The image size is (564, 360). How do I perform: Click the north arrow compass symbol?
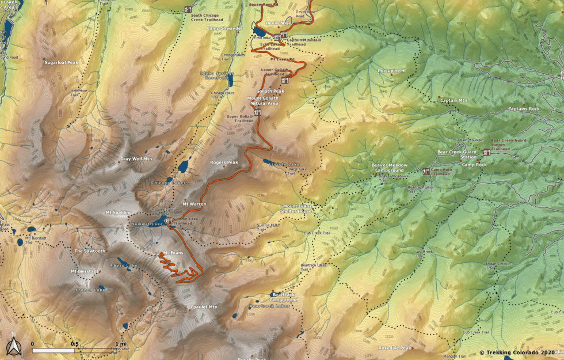[x=13, y=346]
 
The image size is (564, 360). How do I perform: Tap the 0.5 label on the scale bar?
[x=74, y=344]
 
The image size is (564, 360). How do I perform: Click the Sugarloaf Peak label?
[x=61, y=62]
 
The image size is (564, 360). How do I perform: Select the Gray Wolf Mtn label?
[x=136, y=158]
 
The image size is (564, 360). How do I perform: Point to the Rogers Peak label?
[x=224, y=162]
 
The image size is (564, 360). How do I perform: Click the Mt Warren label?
[x=194, y=204]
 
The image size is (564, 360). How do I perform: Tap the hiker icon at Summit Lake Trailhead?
[x=168, y=220]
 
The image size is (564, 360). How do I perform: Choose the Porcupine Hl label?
[x=392, y=70]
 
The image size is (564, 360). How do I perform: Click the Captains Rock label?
[x=524, y=109]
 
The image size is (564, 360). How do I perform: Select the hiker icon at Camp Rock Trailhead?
[x=426, y=171]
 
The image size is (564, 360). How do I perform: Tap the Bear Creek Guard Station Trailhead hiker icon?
[x=487, y=153]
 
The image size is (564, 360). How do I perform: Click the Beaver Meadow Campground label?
[x=389, y=168]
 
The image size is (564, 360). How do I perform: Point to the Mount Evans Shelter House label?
[x=297, y=209]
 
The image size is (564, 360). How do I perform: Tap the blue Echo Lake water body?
[x=259, y=31]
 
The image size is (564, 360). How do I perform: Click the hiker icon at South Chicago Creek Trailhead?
[x=188, y=10]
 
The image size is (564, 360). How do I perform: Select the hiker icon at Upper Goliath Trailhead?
[x=257, y=112]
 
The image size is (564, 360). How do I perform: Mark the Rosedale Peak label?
[x=395, y=348]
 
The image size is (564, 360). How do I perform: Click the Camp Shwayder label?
[x=224, y=28]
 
